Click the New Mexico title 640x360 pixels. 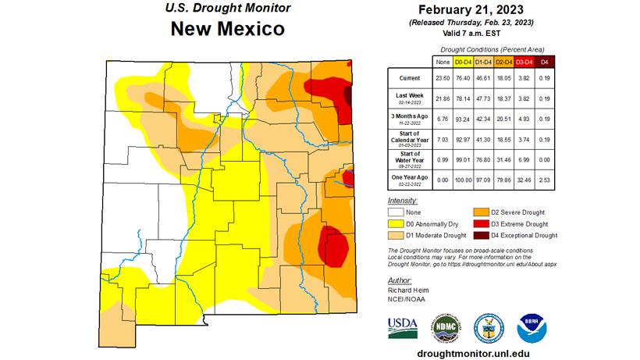coord(227,30)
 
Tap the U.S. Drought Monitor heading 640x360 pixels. coord(226,9)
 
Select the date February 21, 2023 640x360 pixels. coord(479,10)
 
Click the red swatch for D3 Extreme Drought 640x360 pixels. coord(479,223)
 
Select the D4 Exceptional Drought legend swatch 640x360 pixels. coord(479,235)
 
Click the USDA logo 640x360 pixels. coord(402,327)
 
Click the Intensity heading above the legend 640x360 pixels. coord(403,201)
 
